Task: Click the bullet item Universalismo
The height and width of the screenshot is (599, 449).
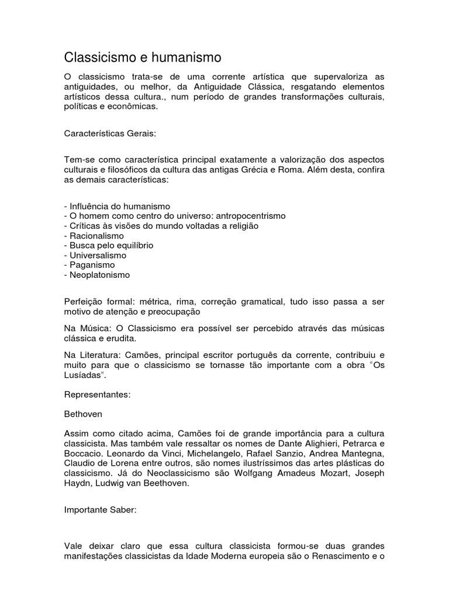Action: point(97,255)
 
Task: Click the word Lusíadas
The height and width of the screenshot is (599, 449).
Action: point(84,376)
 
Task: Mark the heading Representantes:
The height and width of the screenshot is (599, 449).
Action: point(97,395)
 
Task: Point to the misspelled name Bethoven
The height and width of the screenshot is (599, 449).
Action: point(83,414)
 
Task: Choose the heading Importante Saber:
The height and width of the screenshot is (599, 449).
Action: point(100,510)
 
